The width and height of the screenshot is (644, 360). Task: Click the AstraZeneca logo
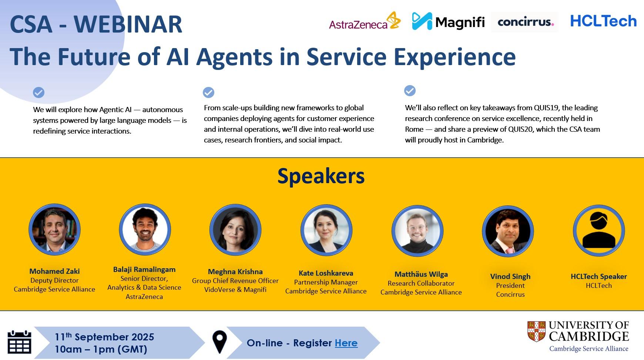pos(365,21)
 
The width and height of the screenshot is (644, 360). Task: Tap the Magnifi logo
pos(448,21)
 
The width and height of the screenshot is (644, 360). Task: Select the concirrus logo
pos(525,22)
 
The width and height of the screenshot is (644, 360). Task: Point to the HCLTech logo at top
pos(603,21)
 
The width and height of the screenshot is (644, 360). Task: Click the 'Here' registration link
pos(346,343)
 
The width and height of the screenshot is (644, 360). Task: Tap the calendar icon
pos(19,342)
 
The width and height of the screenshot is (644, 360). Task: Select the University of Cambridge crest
pos(536,331)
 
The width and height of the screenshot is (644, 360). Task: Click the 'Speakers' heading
pos(321,176)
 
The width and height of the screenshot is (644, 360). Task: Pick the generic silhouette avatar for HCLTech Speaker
pos(599,231)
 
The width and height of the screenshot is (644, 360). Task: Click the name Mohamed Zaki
pos(54,271)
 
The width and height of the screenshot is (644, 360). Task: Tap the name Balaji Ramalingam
pos(144,269)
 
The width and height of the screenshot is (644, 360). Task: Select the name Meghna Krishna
pos(235,272)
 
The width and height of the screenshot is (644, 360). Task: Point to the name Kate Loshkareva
pos(326,273)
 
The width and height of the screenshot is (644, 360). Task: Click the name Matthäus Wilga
pos(421,274)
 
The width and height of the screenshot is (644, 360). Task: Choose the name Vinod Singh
pos(510,276)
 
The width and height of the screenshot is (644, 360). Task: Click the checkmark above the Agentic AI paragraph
pos(39,92)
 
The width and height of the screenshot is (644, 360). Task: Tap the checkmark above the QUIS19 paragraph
pos(410,91)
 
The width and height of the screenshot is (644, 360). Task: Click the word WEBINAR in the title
pos(128,24)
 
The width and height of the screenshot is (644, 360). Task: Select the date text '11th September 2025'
pos(104,337)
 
